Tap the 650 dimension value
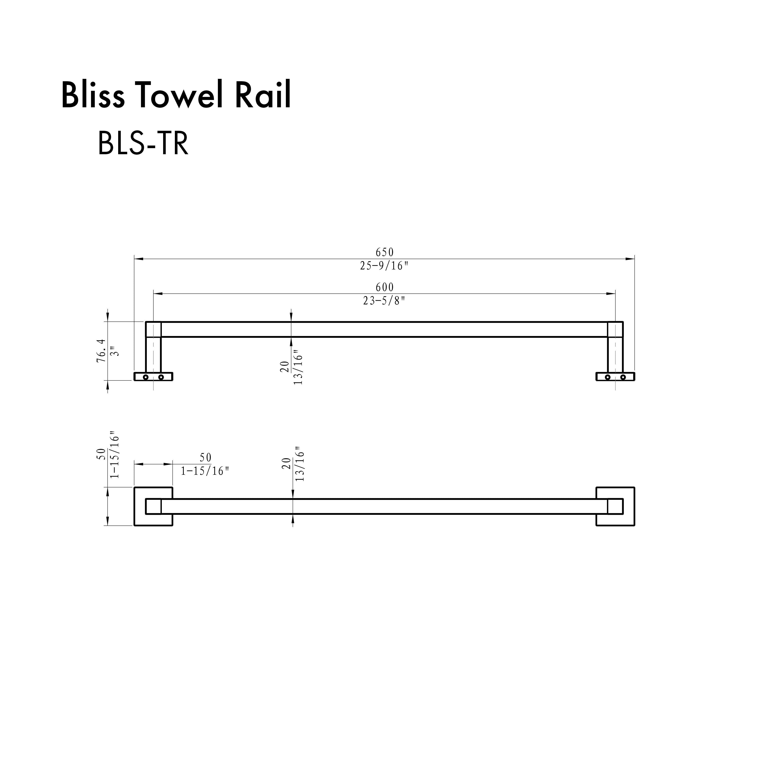click(x=384, y=252)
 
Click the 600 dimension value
click(x=384, y=287)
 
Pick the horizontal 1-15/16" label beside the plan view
click(x=205, y=471)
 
